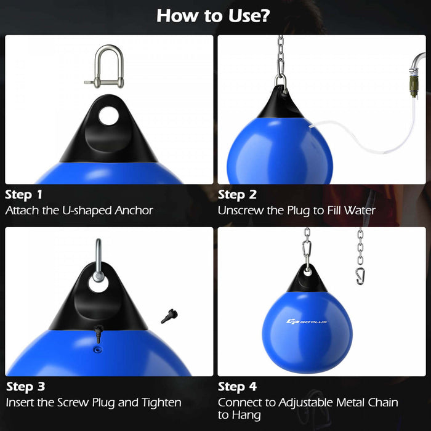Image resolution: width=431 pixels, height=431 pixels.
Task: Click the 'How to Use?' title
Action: pos(212,15)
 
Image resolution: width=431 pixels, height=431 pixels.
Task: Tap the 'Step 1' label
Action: pos(24,195)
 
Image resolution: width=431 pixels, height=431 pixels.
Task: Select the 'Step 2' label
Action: pos(236,195)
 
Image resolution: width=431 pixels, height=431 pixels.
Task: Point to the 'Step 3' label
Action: pos(25,387)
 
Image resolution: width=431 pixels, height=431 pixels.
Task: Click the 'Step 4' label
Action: pos(238,387)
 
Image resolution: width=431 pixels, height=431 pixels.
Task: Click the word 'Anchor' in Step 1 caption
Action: pos(134,211)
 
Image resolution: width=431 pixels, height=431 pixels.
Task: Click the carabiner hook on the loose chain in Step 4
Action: pos(360,273)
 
